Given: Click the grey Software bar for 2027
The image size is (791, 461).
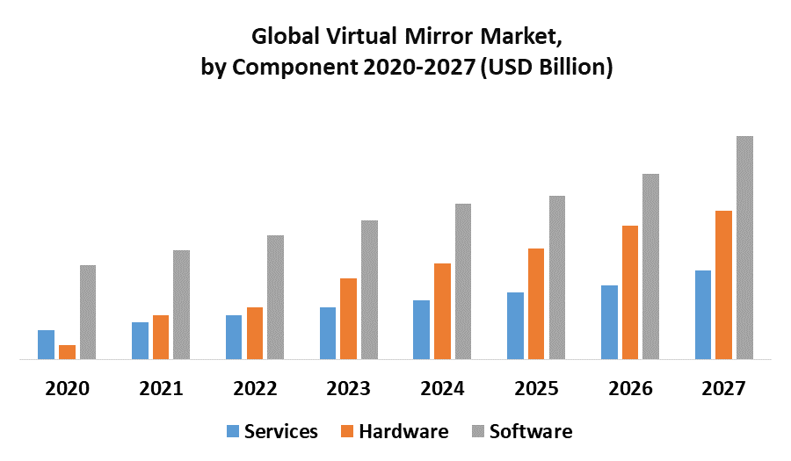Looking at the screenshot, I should tap(744, 248).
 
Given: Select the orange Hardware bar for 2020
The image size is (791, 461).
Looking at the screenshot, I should tap(67, 352).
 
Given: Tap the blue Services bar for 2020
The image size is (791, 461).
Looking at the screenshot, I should tap(46, 344).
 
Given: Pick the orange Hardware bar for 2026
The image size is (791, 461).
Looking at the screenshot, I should tap(630, 292).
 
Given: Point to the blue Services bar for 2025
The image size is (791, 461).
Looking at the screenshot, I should tap(515, 326).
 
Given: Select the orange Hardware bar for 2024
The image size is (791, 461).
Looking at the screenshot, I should tap(442, 311).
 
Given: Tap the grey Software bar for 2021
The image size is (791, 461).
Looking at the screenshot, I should tap(181, 305).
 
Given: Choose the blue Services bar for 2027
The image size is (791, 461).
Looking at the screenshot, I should tap(703, 314).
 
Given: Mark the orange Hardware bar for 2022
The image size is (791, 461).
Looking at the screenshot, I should tap(255, 333).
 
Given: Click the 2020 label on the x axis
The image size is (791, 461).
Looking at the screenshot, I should tap(67, 389).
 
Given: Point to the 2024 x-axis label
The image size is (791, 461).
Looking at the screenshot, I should tap(442, 389).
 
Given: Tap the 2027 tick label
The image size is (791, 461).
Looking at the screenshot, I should tap(723, 389).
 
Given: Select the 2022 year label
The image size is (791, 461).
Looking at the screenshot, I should tap(255, 389).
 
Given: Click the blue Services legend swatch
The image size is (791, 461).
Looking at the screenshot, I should tap(233, 431).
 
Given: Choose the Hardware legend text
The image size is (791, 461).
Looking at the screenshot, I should tap(403, 431).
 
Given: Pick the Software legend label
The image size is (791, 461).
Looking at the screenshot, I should tap(530, 431).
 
